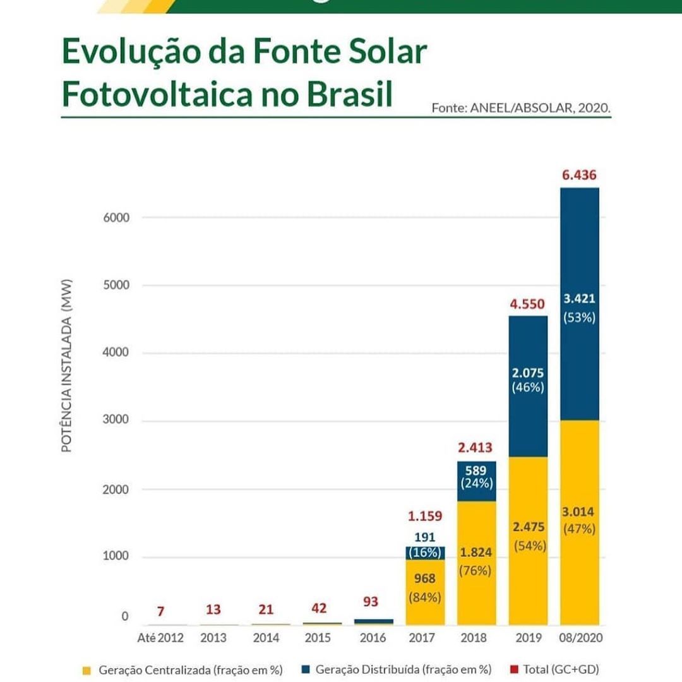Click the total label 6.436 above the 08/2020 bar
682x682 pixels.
coord(579,175)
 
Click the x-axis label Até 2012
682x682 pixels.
coord(160,638)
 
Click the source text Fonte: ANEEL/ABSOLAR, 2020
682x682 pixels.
coord(521,107)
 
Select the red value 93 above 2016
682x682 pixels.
coord(371,602)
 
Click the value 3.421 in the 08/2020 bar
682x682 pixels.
coord(579,299)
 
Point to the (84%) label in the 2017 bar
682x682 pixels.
coord(424,595)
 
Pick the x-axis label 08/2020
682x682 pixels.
coord(580,638)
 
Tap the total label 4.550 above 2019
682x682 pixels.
coord(527,304)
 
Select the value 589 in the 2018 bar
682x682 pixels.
coord(476,470)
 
